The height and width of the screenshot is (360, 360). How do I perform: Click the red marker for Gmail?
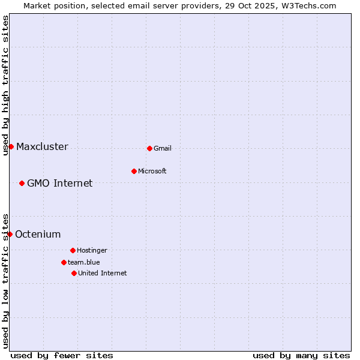click(x=149, y=148)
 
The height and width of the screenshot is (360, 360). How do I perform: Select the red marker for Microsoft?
click(x=134, y=171)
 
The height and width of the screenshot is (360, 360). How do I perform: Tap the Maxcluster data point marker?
click(x=11, y=146)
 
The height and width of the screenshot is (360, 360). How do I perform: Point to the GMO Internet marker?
click(x=22, y=183)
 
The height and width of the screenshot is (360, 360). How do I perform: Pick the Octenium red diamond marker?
click(x=10, y=234)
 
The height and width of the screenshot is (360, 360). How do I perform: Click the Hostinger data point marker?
click(x=73, y=250)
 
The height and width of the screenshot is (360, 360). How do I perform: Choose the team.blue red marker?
click(x=64, y=262)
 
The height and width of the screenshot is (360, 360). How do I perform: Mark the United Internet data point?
click(x=74, y=273)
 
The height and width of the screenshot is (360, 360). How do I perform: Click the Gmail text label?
click(x=163, y=149)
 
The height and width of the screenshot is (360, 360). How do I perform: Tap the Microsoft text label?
click(x=152, y=172)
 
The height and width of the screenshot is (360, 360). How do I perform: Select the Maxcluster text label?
click(x=42, y=147)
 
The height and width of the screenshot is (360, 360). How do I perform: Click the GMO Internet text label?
click(x=60, y=184)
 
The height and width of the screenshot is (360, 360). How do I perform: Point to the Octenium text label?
click(x=38, y=235)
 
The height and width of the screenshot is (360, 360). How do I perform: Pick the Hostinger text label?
click(x=92, y=251)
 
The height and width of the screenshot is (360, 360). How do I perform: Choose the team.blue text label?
click(x=84, y=263)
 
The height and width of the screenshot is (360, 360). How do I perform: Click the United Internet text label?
click(x=103, y=274)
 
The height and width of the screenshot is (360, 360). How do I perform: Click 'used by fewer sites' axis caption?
click(x=62, y=355)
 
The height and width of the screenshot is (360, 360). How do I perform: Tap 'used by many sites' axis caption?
click(x=301, y=355)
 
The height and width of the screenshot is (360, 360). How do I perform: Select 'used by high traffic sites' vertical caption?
click(x=6, y=85)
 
